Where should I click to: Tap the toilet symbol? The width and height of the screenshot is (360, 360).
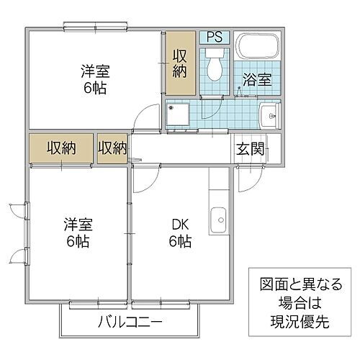[x=214, y=67]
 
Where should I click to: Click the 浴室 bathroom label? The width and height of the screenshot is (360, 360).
[x=257, y=79]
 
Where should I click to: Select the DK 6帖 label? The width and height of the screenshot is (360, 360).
[x=180, y=233]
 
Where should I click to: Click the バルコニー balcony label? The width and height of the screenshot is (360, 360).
[x=130, y=321]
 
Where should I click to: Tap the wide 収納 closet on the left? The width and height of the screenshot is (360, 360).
[x=62, y=148]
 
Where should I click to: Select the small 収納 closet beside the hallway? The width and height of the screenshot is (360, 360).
[x=112, y=148]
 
